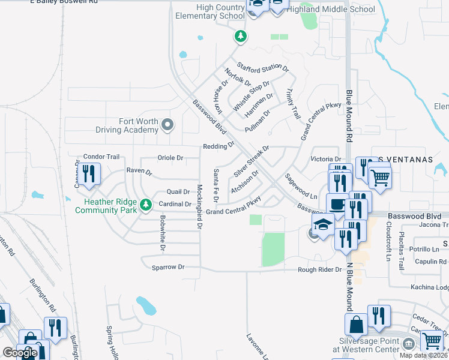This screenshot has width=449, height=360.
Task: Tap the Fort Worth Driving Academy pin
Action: click(167, 125)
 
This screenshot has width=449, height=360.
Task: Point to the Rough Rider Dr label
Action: click(320, 270)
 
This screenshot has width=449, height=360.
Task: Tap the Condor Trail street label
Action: click(101, 157)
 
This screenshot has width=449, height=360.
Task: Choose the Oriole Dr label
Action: click(170, 158)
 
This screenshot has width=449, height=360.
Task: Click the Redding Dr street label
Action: click(218, 146)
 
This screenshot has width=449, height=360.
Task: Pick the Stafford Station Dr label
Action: click(262, 67)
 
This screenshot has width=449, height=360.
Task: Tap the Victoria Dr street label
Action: click(325, 159)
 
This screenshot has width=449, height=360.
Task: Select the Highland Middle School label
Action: click(331, 9)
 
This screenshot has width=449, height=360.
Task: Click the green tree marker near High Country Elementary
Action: click(240, 37)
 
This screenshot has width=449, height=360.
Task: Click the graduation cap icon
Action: click(323, 226)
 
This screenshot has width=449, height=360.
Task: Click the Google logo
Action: click(20, 353)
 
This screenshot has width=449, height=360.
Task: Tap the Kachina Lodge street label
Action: click(430, 287)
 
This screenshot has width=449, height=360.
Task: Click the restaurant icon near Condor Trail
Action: click(88, 175)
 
